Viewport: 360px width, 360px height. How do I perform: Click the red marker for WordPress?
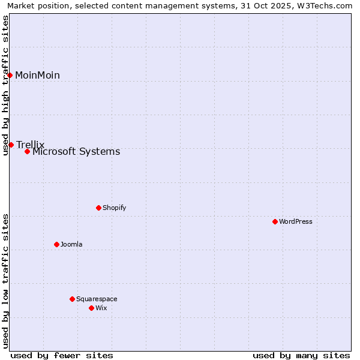click(x=275, y=221)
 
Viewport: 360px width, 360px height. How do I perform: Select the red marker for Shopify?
click(x=98, y=208)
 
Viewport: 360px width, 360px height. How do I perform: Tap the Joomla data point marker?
click(x=56, y=244)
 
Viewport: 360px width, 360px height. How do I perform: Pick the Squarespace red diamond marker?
click(x=72, y=299)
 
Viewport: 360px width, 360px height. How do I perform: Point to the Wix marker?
click(x=91, y=308)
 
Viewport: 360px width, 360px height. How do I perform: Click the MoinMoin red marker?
click(x=10, y=75)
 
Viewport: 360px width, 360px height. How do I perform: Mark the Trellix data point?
click(x=11, y=145)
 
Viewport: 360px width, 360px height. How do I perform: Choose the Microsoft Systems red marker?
click(x=27, y=151)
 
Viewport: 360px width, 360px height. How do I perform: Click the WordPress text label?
click(x=296, y=221)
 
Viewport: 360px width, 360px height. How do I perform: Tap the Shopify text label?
click(x=115, y=208)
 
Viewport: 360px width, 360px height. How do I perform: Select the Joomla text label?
click(x=71, y=244)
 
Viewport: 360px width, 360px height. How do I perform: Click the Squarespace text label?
click(x=97, y=299)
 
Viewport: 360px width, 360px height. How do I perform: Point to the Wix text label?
click(x=101, y=308)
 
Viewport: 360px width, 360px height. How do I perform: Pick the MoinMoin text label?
click(x=37, y=75)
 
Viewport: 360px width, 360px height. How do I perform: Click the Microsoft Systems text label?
click(x=76, y=152)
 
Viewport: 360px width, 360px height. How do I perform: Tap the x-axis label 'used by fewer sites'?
click(x=62, y=355)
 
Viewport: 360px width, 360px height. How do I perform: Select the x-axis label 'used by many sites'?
click(x=301, y=355)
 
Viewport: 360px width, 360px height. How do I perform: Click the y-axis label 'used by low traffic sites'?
click(x=6, y=281)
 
